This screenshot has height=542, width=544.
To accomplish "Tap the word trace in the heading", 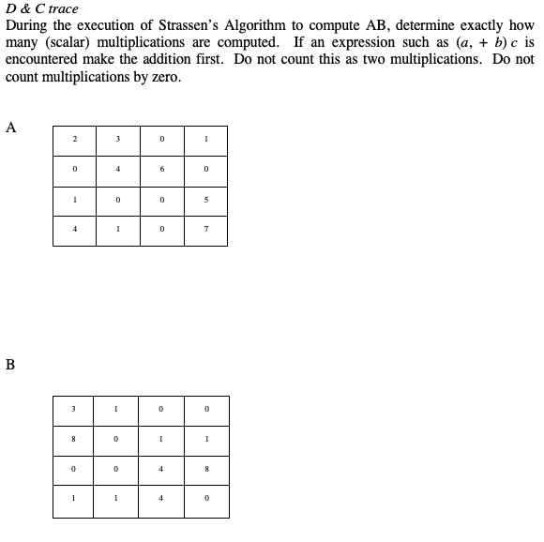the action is click(x=63, y=9).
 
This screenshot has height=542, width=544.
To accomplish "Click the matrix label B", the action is click(x=10, y=366).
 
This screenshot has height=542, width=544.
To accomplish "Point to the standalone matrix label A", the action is click(x=10, y=128).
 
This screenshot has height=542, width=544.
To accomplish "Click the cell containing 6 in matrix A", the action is click(x=161, y=170).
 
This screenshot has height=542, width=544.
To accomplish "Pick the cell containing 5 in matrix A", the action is click(x=204, y=200).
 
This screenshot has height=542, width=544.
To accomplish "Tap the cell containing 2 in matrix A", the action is click(x=74, y=140).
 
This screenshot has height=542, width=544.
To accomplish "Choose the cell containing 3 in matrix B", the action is click(x=74, y=409).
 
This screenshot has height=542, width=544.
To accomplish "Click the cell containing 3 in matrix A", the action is click(x=117, y=140).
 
